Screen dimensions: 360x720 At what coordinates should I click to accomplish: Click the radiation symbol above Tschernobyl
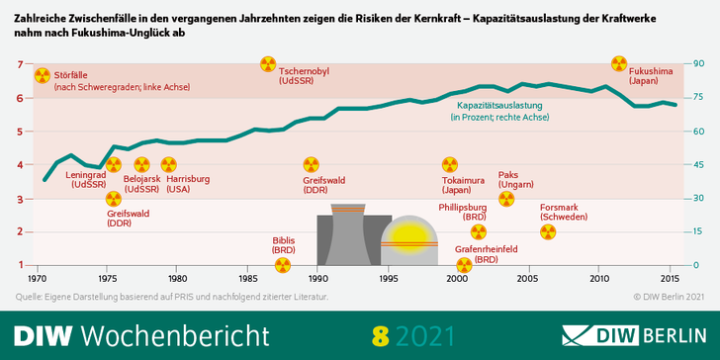[x=268, y=64]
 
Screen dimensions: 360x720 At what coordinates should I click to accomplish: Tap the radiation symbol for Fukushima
[x=618, y=64]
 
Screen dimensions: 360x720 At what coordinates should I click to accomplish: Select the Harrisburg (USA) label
[x=188, y=184]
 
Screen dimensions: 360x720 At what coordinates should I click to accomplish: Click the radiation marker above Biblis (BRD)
[x=284, y=265]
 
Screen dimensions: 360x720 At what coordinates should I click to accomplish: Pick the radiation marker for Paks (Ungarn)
[x=506, y=199]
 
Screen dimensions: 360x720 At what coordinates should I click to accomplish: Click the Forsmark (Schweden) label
[x=566, y=213]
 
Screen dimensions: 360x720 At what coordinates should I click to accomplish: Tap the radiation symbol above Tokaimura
[x=450, y=164]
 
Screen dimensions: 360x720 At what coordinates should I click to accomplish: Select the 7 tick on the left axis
[x=20, y=64]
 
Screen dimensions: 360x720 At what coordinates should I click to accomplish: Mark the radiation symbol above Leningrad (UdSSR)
[x=113, y=165]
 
